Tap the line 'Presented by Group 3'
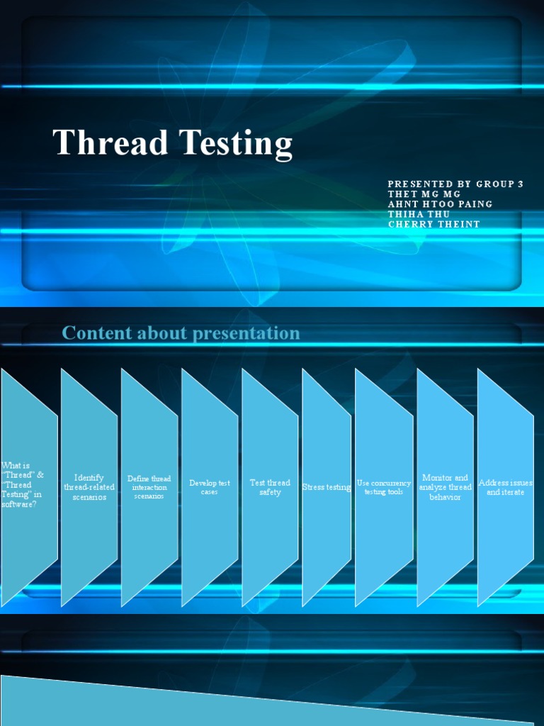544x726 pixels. (455, 184)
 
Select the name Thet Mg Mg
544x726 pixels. (424, 194)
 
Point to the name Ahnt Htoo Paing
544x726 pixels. (440, 204)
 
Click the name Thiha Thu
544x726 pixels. (419, 214)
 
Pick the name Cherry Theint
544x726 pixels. (433, 224)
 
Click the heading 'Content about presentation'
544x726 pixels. (181, 333)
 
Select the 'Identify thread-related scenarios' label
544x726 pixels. (89, 487)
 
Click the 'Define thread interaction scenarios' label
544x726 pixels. (149, 487)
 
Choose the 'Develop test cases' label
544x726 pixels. (210, 487)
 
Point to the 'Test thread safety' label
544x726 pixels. (270, 487)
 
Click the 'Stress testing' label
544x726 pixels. (327, 487)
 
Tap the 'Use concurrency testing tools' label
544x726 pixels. (384, 487)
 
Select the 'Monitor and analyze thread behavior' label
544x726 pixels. (445, 487)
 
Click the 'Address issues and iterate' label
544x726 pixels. (505, 487)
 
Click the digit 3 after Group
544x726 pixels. (521, 184)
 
